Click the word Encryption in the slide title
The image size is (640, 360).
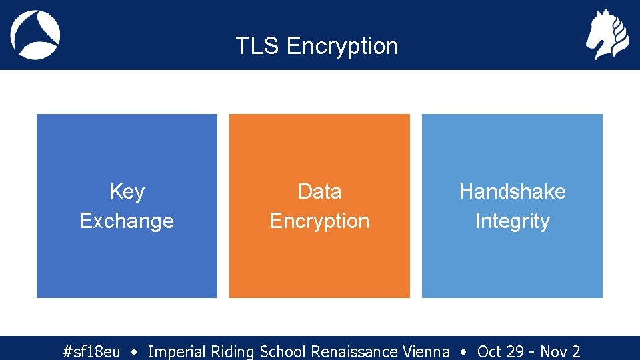(x=342, y=47)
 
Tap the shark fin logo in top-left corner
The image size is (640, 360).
(x=35, y=35)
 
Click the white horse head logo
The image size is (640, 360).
(x=607, y=35)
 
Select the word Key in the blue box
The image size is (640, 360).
(x=127, y=192)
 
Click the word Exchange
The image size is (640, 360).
(x=127, y=221)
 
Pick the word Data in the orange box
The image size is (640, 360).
(x=319, y=192)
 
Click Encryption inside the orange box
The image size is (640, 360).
(x=319, y=221)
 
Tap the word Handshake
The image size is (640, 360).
(x=512, y=192)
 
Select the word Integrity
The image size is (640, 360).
(x=512, y=221)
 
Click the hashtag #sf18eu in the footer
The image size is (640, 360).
(x=91, y=351)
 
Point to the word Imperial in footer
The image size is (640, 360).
(x=177, y=351)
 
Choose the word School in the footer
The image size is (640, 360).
(x=283, y=351)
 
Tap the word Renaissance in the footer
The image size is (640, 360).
(x=355, y=351)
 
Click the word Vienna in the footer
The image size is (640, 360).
(x=426, y=351)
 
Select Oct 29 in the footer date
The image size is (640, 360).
(x=499, y=351)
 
